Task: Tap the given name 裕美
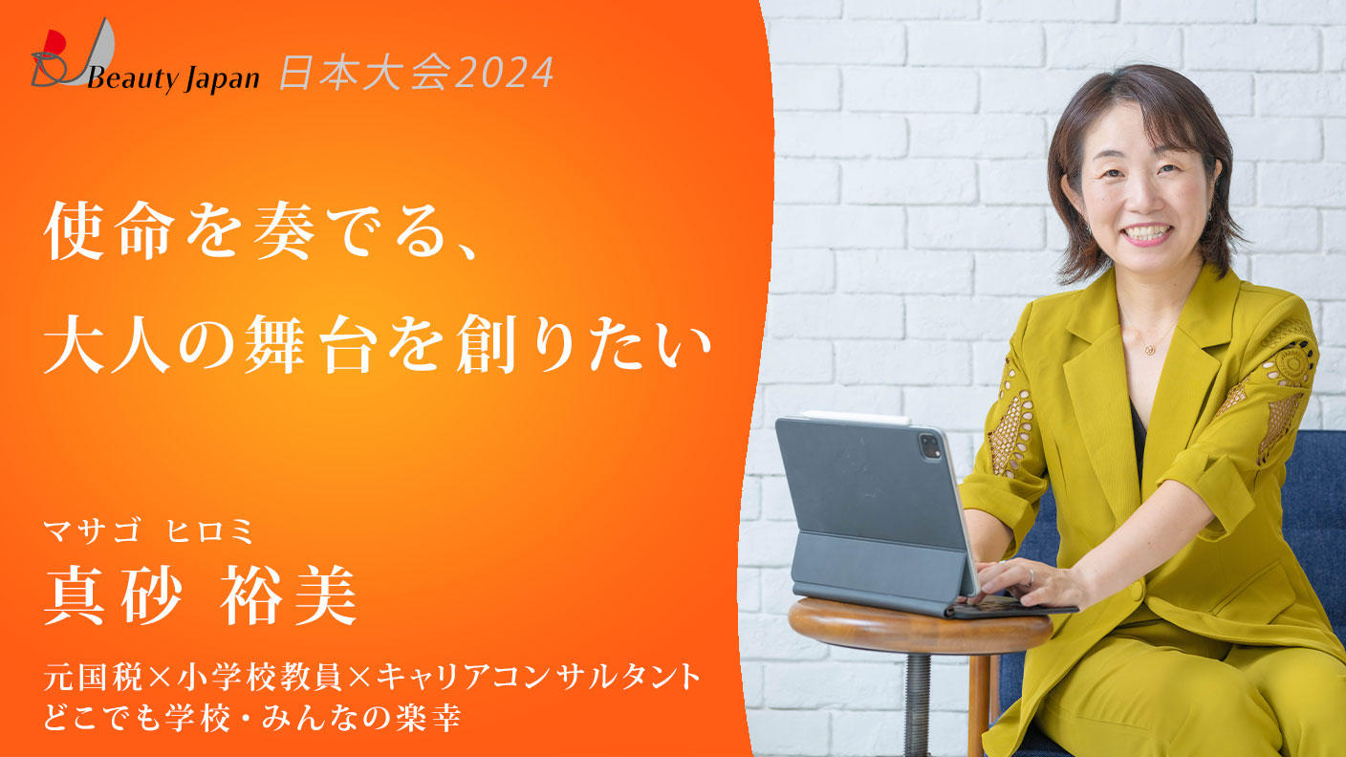[x=288, y=595]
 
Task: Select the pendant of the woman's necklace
[x=1149, y=349]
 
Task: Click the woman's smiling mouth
[x=1146, y=232]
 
